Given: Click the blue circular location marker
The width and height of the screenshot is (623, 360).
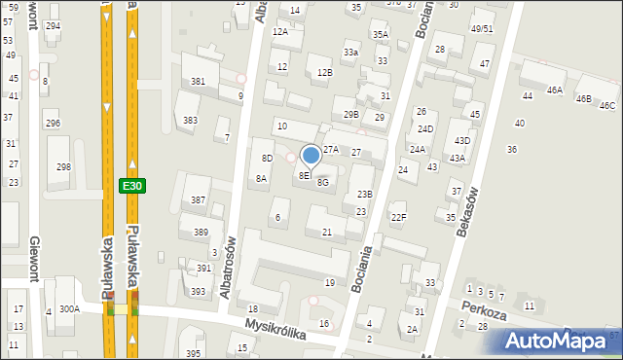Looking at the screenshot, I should tap(311, 155).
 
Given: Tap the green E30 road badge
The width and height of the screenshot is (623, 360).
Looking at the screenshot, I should tap(132, 185).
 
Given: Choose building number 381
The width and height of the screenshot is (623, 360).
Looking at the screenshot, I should tap(198, 82).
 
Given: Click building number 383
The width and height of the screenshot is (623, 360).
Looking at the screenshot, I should tap(190, 121).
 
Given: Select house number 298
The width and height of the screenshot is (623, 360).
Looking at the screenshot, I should tap(63, 167).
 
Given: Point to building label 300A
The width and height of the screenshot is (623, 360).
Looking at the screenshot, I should tap(69, 308).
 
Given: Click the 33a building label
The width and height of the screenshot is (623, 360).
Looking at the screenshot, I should tap(350, 52).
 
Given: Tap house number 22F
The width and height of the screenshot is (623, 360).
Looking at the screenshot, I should tap(398, 217).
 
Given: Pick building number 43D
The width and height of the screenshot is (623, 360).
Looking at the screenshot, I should tap(462, 141).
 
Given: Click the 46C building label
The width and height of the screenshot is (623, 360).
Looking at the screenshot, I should tap(607, 105).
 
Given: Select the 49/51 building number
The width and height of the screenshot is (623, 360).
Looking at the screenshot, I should tap(482, 29).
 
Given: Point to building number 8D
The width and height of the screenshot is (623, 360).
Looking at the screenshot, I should tap(266, 158).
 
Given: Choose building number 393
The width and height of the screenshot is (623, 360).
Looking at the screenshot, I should tap(197, 292).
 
